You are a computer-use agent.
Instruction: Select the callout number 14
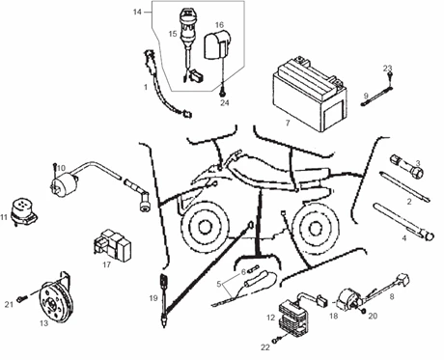137,12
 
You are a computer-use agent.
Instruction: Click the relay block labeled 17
112,243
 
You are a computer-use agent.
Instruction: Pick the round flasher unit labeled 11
24,211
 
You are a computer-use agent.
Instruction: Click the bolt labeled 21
22,299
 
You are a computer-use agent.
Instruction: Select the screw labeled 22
276,340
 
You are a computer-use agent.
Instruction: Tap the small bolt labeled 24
222,93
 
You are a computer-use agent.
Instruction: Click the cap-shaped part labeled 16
216,45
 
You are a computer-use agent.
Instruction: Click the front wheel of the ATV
203,228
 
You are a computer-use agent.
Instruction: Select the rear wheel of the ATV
315,228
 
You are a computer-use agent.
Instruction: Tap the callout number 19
153,298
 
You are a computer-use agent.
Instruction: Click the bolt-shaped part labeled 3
407,165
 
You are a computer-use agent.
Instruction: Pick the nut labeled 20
363,311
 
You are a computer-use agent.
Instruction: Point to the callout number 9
366,96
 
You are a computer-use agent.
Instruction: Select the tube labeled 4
404,221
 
